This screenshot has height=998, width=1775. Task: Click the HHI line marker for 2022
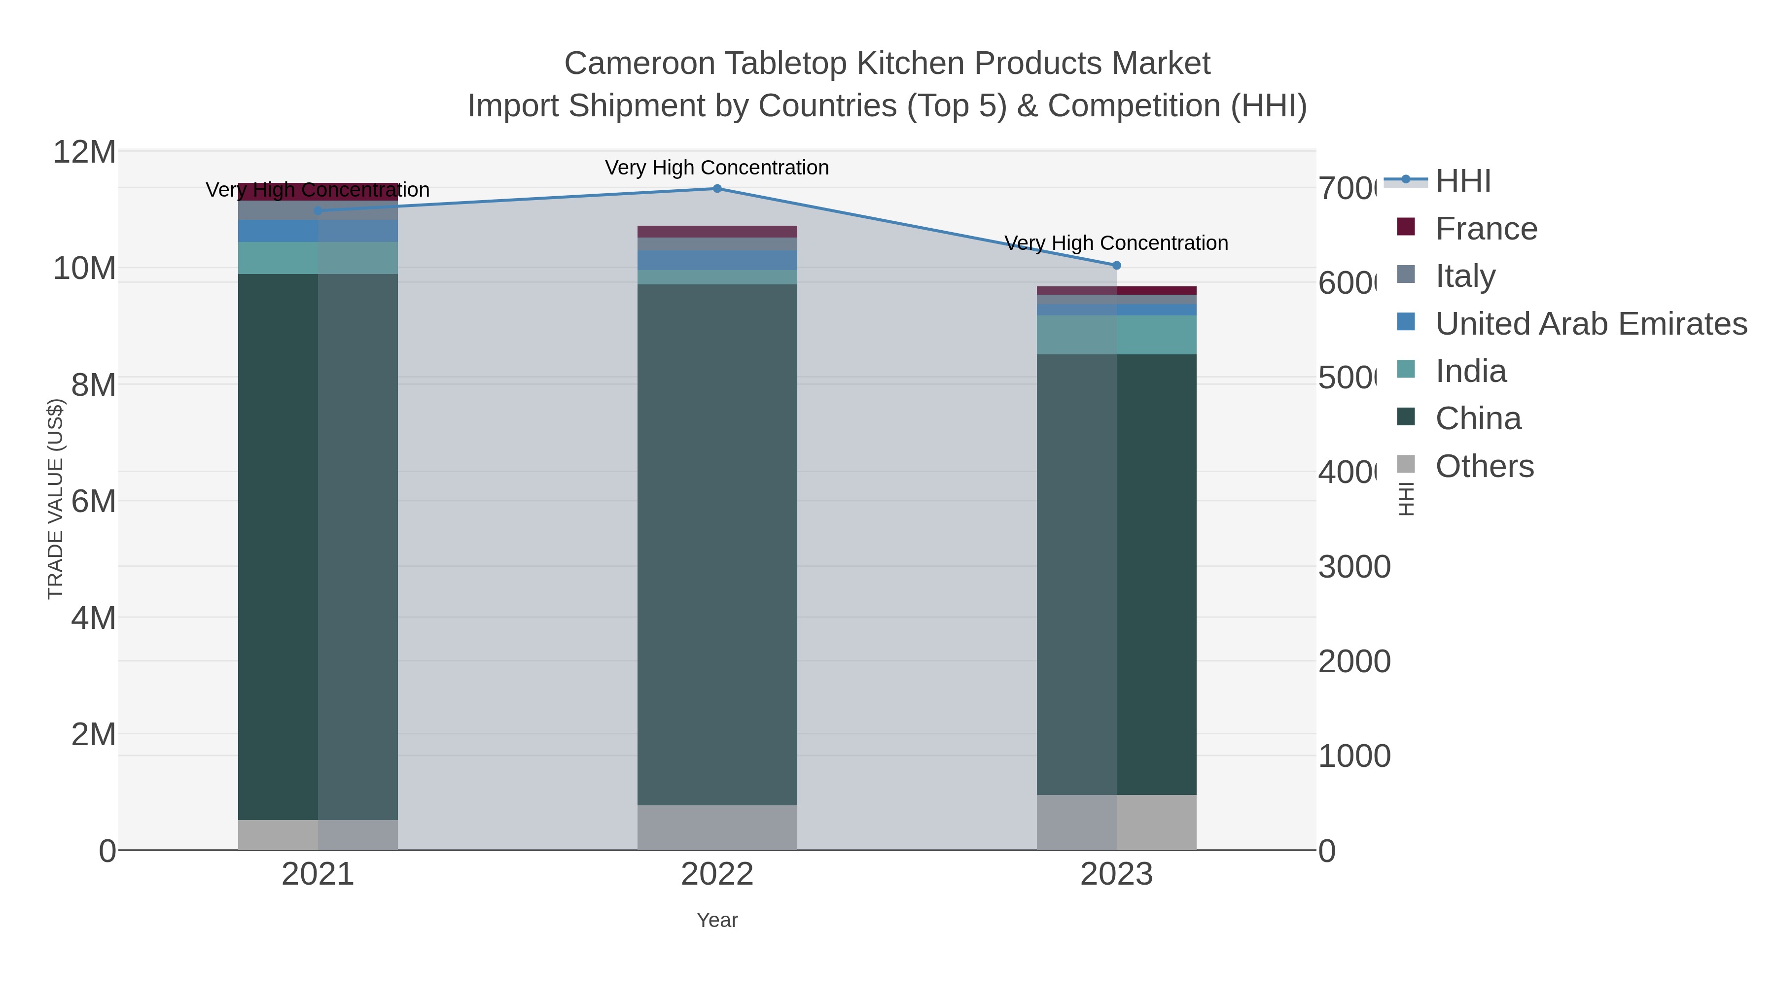717,189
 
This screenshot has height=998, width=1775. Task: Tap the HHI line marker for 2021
318,211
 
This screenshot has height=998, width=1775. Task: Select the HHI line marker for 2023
1117,265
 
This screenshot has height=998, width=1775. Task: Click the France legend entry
1486,229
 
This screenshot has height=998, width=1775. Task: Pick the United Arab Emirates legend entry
1591,324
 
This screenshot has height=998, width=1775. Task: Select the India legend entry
1470,371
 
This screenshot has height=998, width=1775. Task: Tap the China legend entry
1478,419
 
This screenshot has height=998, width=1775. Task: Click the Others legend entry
1484,466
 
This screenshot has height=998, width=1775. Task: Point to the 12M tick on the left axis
84,151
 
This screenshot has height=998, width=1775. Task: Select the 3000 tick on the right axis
1354,567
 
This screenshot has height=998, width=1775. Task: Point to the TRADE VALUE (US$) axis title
55,499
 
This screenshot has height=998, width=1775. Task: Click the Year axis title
717,920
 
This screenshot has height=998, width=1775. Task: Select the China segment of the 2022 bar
717,544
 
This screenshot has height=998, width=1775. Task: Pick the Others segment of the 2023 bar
1117,823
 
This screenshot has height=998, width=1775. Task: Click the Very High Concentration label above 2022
717,168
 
